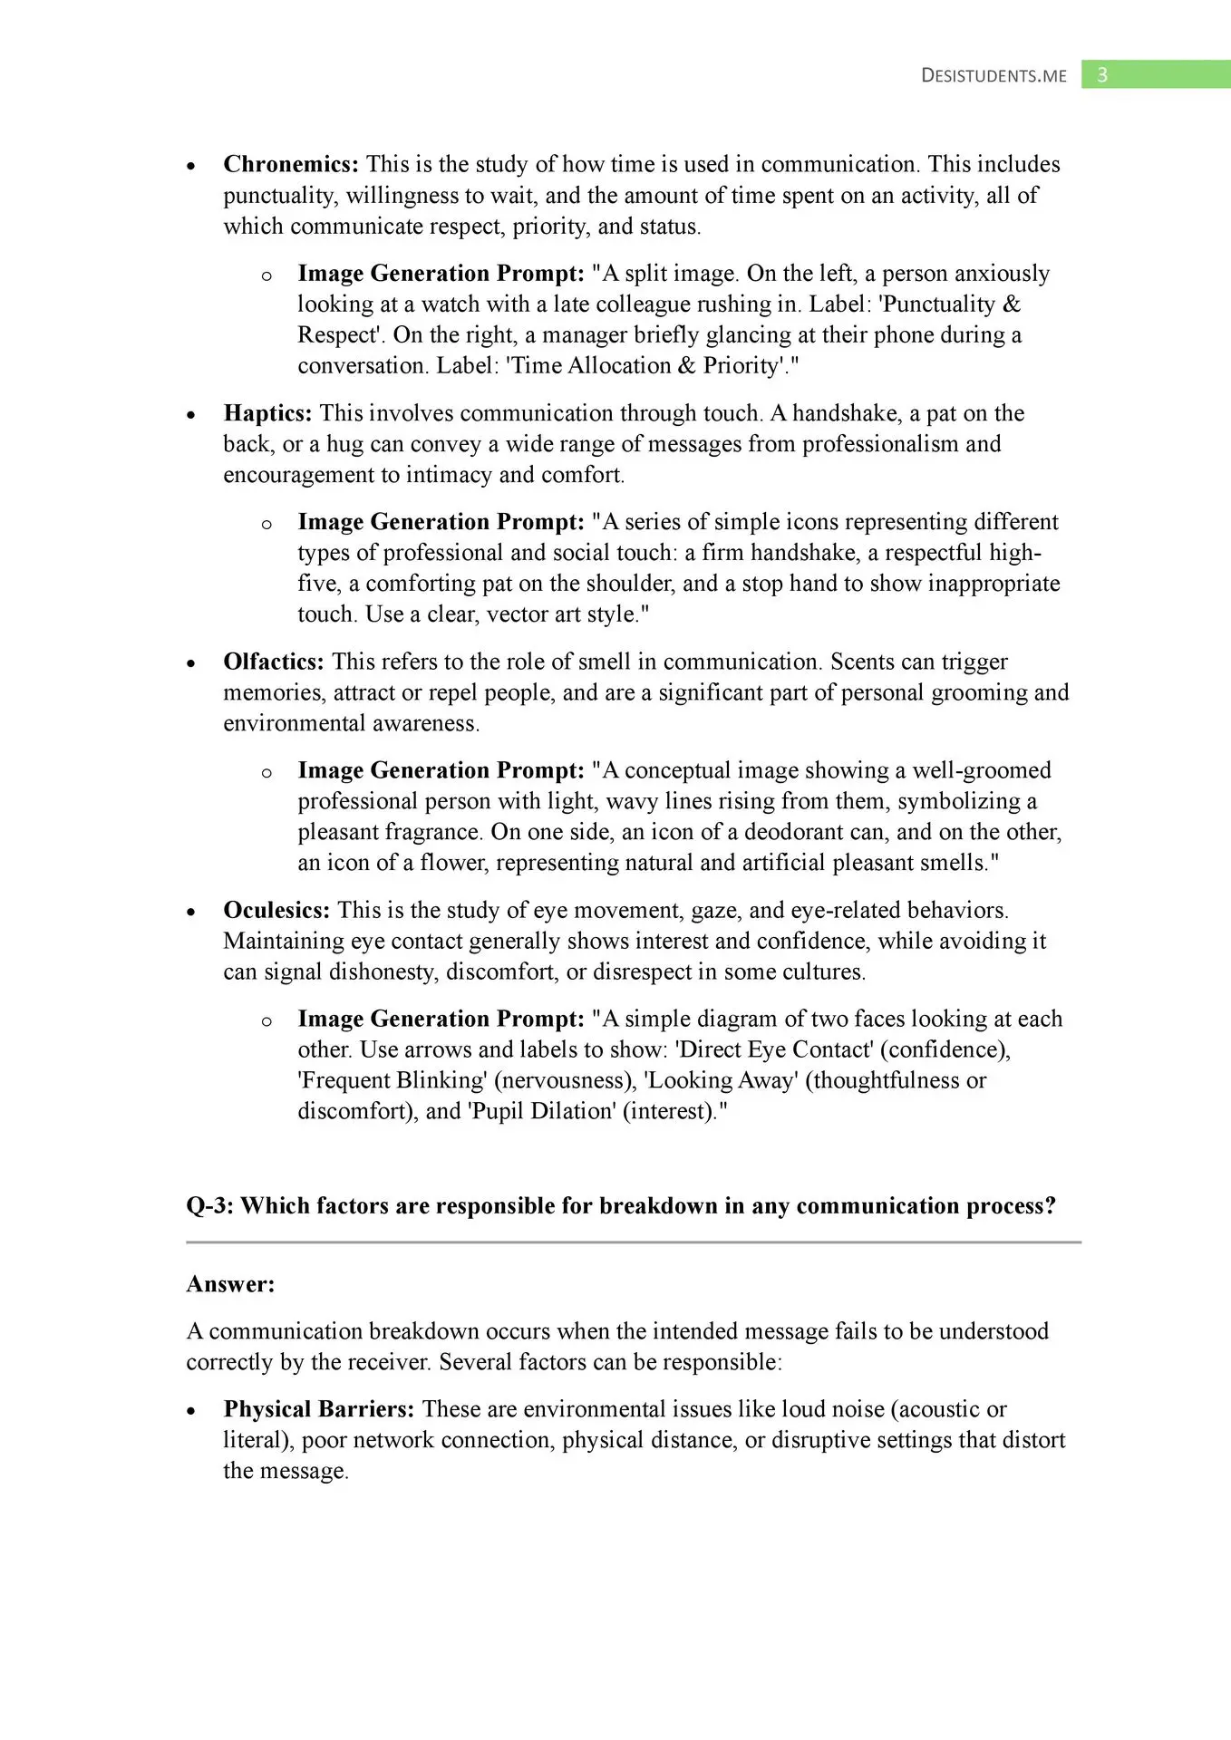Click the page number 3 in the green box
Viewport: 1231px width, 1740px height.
coord(1102,75)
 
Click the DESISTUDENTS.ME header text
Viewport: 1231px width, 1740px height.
coord(994,76)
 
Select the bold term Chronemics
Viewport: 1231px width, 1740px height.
coord(290,164)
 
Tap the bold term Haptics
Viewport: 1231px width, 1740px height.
coord(267,413)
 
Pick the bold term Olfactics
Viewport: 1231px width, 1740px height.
coord(273,662)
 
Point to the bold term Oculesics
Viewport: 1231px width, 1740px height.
coord(276,910)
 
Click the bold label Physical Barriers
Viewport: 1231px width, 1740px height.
coord(319,1409)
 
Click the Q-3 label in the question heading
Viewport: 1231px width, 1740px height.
coord(209,1206)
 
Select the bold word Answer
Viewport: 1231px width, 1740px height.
coord(230,1284)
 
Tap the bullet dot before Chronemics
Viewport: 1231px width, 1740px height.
coord(191,167)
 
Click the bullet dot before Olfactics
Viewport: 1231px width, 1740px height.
coord(191,664)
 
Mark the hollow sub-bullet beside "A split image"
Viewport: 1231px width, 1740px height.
coord(267,275)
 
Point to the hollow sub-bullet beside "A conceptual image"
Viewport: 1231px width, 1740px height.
coord(267,773)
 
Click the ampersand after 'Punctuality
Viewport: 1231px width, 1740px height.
coord(1012,304)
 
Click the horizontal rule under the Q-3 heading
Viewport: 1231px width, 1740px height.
coord(634,1242)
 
